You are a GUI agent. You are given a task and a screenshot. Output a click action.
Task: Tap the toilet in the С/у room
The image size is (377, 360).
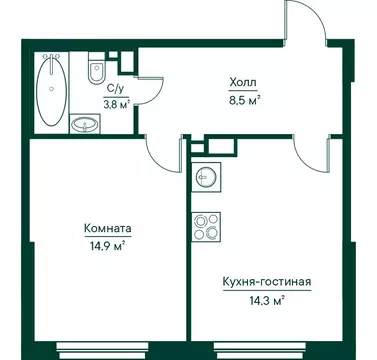(x=96, y=71)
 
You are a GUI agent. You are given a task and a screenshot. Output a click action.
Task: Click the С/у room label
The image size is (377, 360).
(x=116, y=88)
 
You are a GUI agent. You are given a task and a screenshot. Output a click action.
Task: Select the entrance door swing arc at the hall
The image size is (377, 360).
(x=306, y=25)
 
